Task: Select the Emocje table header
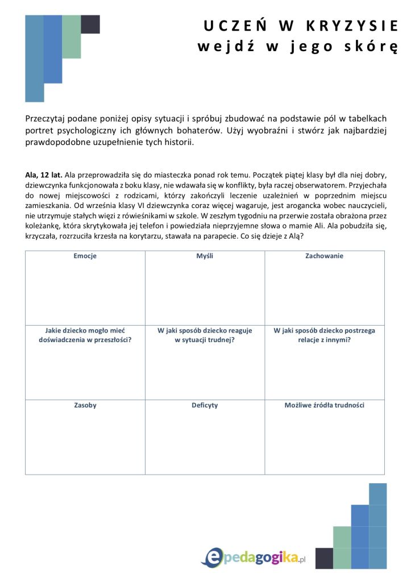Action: pyautogui.click(x=85, y=256)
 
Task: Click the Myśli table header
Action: pyautogui.click(x=205, y=256)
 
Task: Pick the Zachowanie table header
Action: pyautogui.click(x=325, y=256)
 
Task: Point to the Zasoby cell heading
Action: pyautogui.click(x=85, y=405)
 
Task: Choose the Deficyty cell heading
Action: pyautogui.click(x=205, y=405)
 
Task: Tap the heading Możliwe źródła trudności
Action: pyautogui.click(x=325, y=405)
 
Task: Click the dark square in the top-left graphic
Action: pyautogui.click(x=90, y=24)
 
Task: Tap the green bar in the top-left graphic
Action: pyautogui.click(x=72, y=36)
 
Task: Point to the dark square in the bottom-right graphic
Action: pyautogui.click(x=324, y=558)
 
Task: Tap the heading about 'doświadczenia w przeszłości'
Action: pyautogui.click(x=85, y=335)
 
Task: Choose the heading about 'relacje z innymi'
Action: pyautogui.click(x=325, y=335)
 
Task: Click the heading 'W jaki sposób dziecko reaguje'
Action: pyautogui.click(x=205, y=330)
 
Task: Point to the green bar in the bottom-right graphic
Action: pyautogui.click(x=342, y=547)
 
